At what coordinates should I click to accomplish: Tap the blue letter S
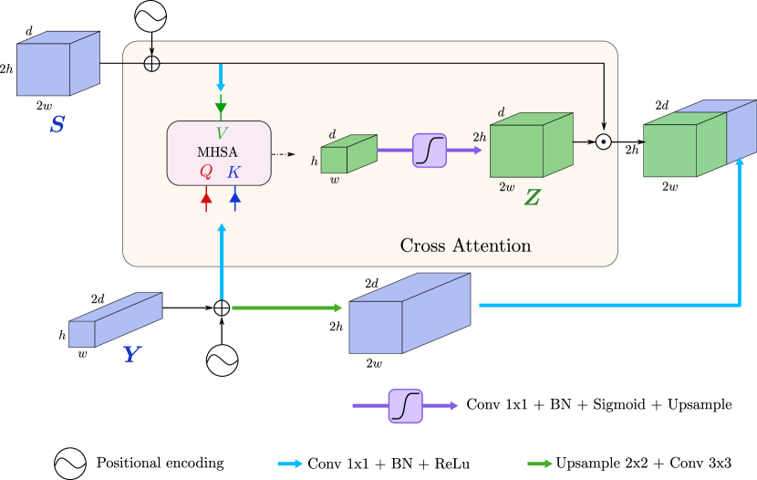57,124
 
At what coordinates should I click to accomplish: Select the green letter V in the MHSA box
221,133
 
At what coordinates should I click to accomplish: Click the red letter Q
206,172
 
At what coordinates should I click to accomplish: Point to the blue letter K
234,172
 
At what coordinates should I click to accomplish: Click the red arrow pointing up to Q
206,198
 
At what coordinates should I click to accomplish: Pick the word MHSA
217,152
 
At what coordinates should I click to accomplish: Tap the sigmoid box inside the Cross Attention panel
430,150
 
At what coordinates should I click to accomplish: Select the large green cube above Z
530,146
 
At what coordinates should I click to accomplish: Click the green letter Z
531,197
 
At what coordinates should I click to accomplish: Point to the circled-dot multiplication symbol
603,141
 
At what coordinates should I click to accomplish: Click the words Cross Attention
465,245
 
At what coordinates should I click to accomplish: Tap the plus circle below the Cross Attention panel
221,308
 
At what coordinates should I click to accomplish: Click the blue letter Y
132,355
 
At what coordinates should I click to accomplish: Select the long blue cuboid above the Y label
115,320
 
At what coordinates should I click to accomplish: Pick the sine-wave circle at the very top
150,16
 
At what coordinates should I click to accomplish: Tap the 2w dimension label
507,187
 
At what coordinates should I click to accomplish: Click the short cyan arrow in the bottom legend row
289,464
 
